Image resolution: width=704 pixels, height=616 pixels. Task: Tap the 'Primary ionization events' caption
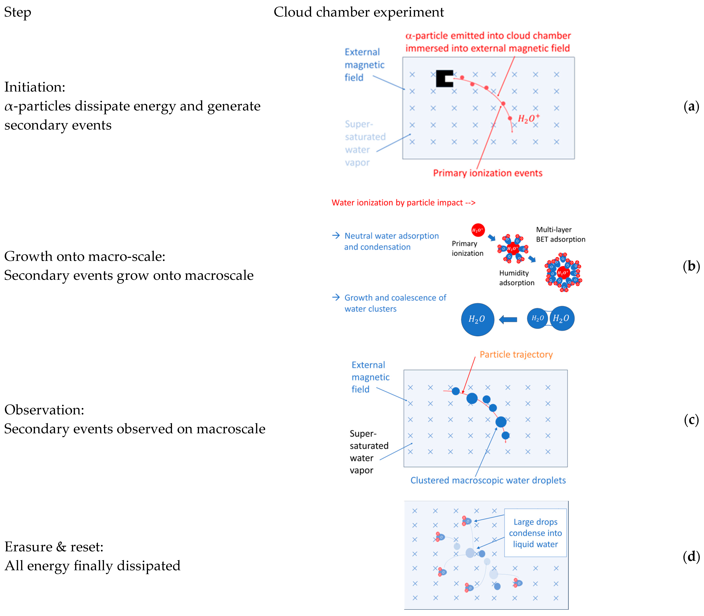click(488, 173)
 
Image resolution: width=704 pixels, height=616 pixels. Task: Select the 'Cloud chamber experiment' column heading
click(359, 12)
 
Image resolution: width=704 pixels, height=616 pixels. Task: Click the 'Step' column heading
click(18, 12)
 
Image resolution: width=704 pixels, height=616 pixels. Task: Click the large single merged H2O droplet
click(477, 319)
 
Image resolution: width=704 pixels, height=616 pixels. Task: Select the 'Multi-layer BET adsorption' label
click(560, 234)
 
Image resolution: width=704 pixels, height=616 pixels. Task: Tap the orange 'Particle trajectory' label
click(516, 354)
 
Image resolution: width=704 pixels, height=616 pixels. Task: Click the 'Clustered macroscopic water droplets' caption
click(488, 480)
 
